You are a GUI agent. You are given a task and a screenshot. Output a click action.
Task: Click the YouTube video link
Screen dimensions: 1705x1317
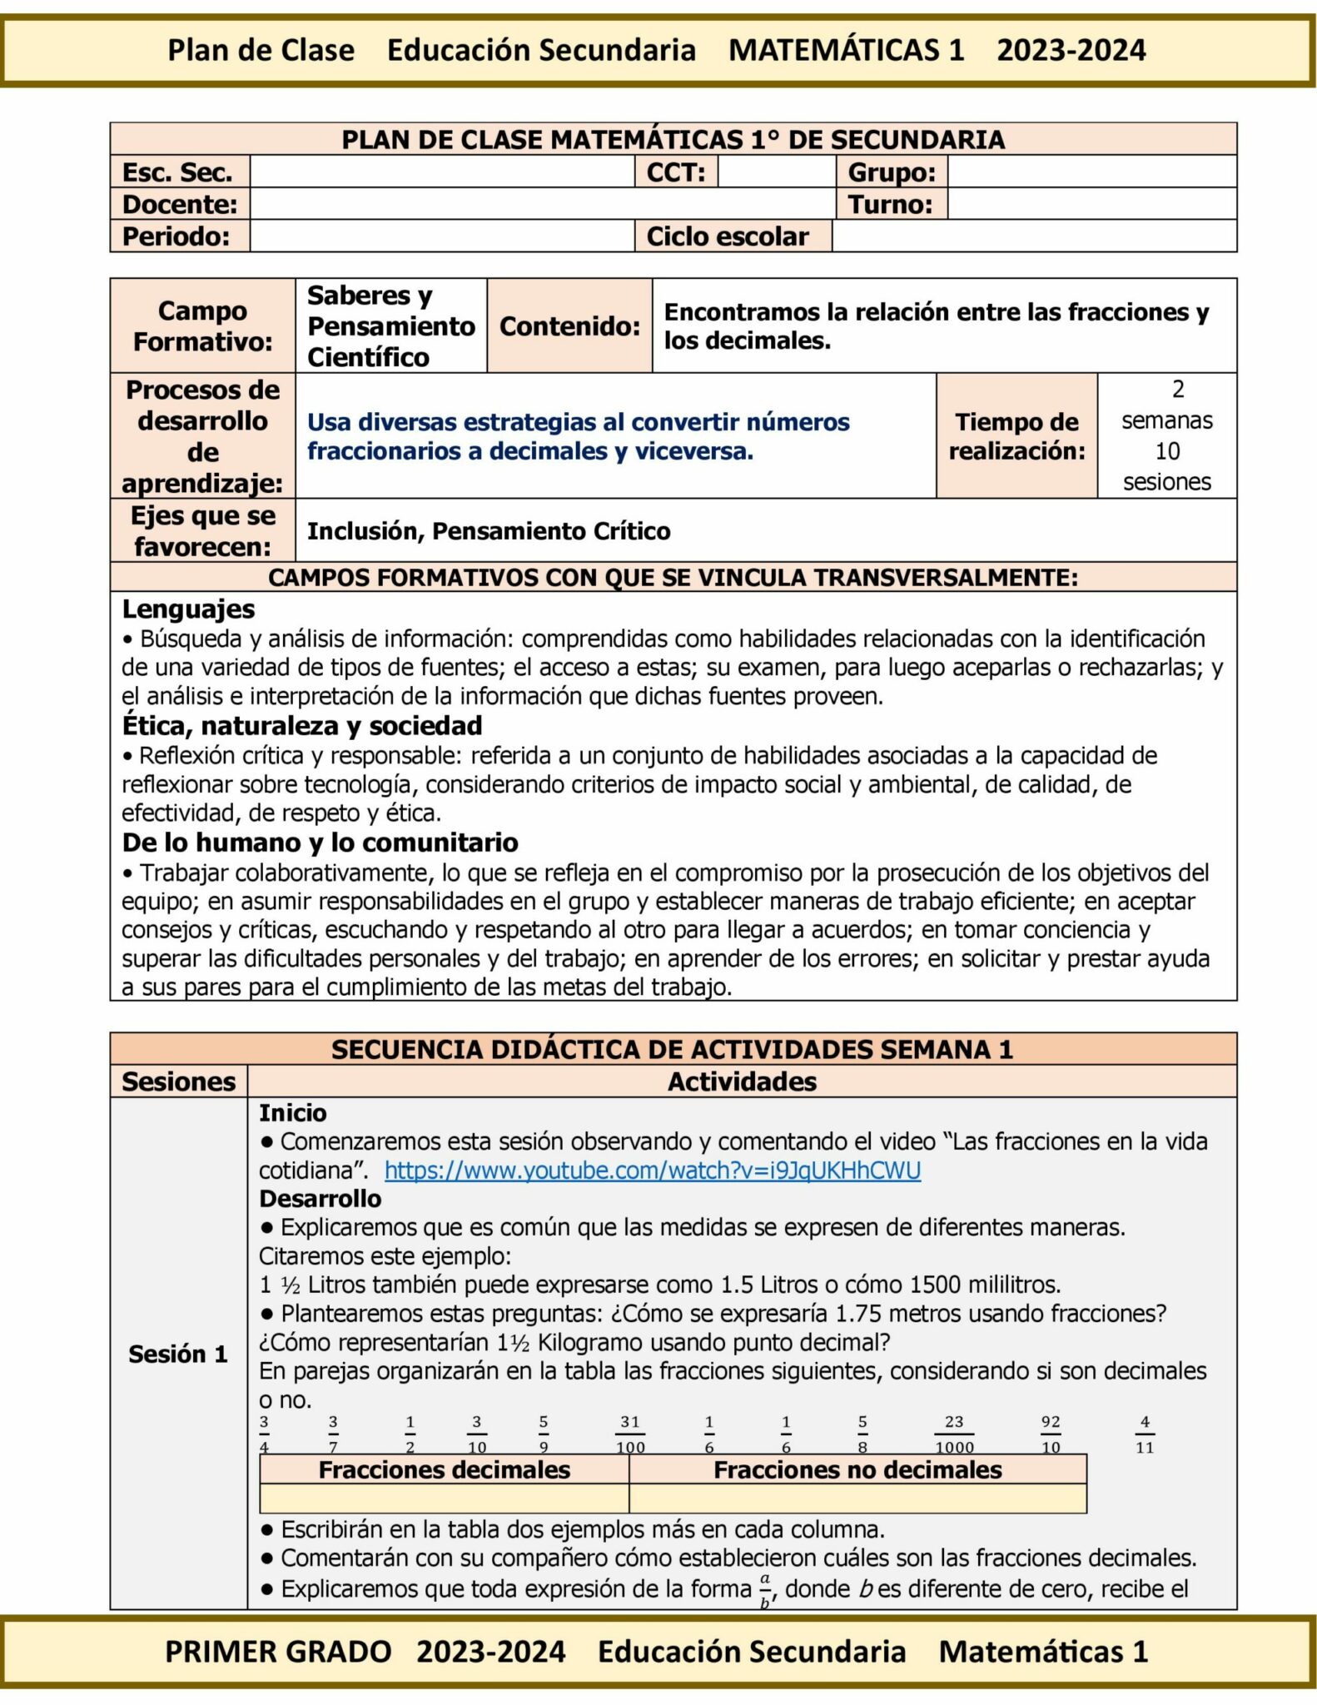pyautogui.click(x=652, y=1171)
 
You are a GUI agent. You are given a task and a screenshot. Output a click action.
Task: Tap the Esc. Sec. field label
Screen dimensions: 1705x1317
pyautogui.click(x=176, y=172)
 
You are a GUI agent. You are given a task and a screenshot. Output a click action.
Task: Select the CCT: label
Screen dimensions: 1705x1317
pyautogui.click(x=676, y=172)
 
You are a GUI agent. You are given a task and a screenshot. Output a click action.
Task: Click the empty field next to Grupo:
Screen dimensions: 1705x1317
pyautogui.click(x=1091, y=172)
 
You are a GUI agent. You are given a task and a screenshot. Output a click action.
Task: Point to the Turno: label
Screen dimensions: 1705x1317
pyautogui.click(x=890, y=205)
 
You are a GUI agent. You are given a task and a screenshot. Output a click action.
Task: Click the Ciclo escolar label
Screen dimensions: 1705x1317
pyautogui.click(x=728, y=236)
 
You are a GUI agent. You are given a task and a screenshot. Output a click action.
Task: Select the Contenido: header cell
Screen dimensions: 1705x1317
pyautogui.click(x=569, y=326)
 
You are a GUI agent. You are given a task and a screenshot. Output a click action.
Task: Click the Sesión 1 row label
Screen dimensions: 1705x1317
pyautogui.click(x=177, y=1354)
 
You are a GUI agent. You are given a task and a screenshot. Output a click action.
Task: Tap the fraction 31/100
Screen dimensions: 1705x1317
pyautogui.click(x=629, y=1434)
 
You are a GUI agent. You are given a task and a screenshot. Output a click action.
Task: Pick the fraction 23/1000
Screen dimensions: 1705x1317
pyautogui.click(x=954, y=1434)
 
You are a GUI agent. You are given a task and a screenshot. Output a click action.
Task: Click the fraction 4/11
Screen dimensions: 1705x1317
pyautogui.click(x=1145, y=1434)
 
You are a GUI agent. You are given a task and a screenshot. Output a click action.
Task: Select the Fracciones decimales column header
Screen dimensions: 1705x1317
pyautogui.click(x=444, y=1470)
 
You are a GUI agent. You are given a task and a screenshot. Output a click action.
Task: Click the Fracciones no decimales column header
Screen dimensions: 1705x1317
pyautogui.click(x=857, y=1470)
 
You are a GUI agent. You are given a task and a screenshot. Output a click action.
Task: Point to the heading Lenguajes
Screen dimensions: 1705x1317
pyautogui.click(x=188, y=609)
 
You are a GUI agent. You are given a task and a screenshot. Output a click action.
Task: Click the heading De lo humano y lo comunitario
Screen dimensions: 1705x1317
pyautogui.click(x=320, y=843)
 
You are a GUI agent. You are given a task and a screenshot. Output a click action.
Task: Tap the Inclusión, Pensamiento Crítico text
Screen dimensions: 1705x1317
pyautogui.click(x=489, y=531)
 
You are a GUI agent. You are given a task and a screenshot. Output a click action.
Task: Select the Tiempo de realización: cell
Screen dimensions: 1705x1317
pyautogui.click(x=1016, y=436)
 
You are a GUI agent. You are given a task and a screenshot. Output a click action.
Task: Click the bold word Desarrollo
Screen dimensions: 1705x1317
pyautogui.click(x=320, y=1199)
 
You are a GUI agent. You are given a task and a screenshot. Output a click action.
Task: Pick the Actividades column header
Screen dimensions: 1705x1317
pyautogui.click(x=742, y=1081)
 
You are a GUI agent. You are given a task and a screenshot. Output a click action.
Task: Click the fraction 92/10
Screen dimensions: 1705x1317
pyautogui.click(x=1051, y=1434)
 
